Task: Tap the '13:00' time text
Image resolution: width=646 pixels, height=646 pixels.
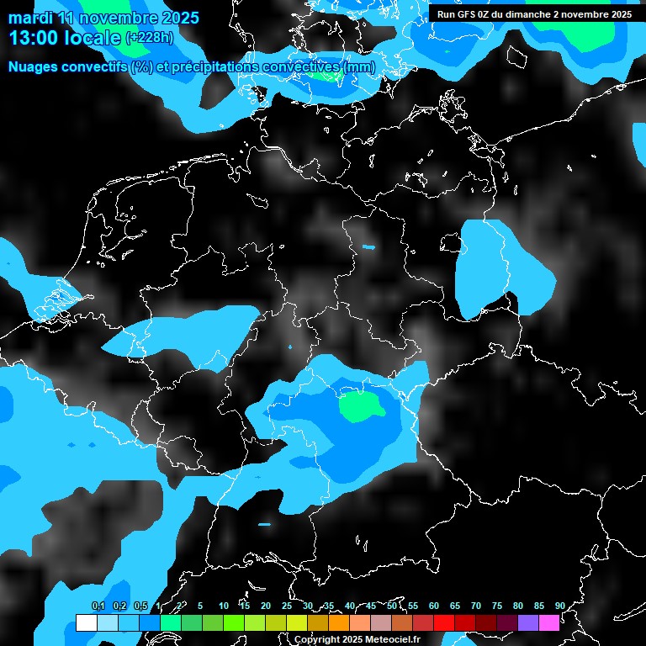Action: pos(33,38)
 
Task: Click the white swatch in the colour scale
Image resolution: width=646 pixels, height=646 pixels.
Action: pos(86,623)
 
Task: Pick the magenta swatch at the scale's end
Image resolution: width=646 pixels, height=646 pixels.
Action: pos(549,623)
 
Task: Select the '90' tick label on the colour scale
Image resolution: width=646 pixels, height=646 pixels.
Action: pos(559,606)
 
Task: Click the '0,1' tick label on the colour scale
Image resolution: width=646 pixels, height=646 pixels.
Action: pos(98,606)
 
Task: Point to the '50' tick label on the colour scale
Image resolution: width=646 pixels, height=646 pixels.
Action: pos(392,606)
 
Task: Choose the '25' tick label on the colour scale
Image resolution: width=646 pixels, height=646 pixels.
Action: pos(287,606)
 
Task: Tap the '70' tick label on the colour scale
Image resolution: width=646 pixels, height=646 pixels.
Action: pos(476,606)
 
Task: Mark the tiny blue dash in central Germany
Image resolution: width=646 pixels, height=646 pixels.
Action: pos(368,246)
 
